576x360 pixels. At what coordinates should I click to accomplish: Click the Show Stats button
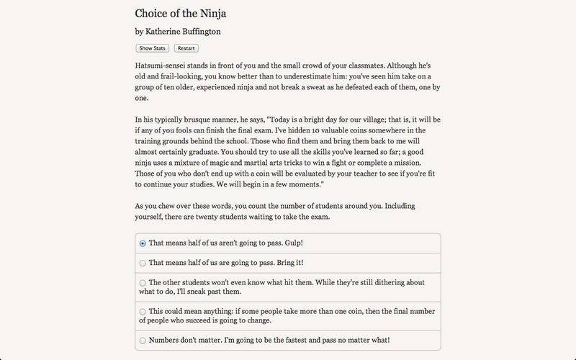pyautogui.click(x=152, y=48)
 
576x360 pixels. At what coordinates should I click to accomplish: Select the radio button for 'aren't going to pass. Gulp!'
pyautogui.click(x=143, y=243)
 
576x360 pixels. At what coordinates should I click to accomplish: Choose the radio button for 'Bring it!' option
pyautogui.click(x=143, y=264)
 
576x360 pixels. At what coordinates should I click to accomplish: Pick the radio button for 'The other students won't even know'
pyautogui.click(x=143, y=283)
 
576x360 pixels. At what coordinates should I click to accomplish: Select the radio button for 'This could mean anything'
pyautogui.click(x=143, y=311)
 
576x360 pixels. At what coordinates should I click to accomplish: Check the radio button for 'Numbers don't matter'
pyautogui.click(x=143, y=340)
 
